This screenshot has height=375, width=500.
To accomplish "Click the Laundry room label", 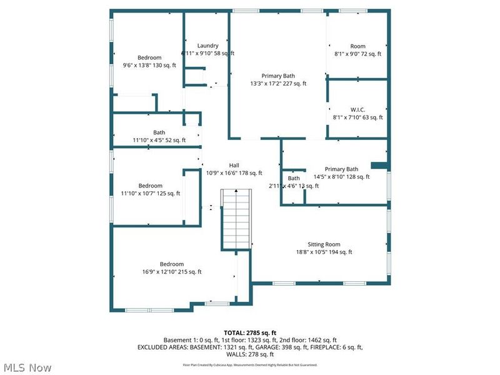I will (207, 46).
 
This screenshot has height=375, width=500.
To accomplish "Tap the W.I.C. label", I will (357, 109).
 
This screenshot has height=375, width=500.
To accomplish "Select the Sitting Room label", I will (324, 244).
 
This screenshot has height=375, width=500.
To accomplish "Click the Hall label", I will (234, 165).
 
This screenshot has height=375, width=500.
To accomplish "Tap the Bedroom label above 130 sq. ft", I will (149, 57).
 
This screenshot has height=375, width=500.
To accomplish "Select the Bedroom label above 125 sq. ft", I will (150, 186).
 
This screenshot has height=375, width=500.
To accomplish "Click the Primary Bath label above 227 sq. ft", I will (278, 76).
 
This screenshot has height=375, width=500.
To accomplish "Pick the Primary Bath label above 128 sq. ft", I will (342, 169).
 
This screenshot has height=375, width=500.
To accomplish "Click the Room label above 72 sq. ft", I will (357, 46).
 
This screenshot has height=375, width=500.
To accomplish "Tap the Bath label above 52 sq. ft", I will (159, 132).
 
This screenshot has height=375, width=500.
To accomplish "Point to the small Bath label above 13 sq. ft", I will (294, 179).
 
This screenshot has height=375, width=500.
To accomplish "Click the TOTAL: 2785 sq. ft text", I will (250, 332).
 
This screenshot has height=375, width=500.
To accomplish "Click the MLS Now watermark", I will (27, 367).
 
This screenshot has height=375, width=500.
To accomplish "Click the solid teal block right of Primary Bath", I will (379, 166).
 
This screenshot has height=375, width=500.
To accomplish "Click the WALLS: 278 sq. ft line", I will (250, 354).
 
